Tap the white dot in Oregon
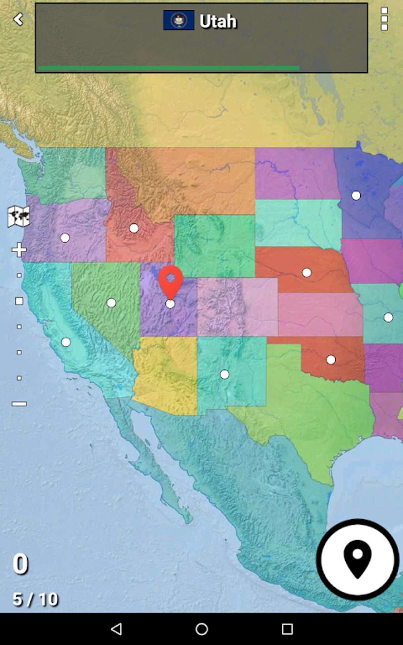(65, 238)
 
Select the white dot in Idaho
(134, 228)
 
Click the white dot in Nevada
(111, 303)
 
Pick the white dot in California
(66, 342)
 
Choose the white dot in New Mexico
(224, 374)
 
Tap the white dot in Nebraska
(307, 272)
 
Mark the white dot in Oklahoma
(331, 360)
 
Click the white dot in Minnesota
(356, 195)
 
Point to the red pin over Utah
(170, 280)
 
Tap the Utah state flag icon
(179, 20)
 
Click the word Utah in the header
(218, 21)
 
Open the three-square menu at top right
(384, 19)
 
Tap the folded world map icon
(19, 216)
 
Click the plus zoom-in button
(19, 250)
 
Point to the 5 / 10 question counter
(36, 600)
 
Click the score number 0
(21, 564)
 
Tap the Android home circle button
(201, 629)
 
